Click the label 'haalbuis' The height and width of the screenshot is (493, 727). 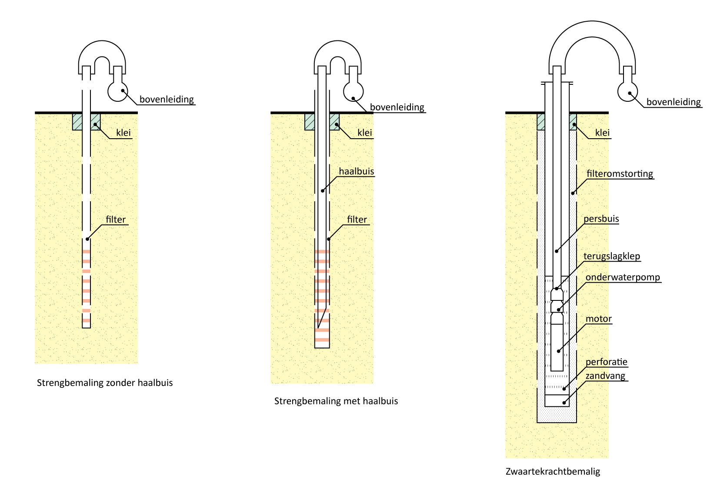356,171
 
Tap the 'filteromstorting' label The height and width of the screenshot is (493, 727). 620,174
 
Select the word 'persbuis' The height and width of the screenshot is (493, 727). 601,219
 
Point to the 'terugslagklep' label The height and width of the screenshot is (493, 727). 611,256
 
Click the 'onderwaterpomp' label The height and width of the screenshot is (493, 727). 622,277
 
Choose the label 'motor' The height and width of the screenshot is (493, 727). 598,319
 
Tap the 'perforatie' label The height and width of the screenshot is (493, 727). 606,362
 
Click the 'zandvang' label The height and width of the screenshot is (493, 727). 605,376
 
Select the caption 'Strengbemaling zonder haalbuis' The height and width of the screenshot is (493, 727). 105,383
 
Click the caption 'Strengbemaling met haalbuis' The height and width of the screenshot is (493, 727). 336,401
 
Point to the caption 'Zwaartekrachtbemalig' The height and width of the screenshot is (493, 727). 553,471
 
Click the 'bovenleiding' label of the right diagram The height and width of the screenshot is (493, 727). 673,102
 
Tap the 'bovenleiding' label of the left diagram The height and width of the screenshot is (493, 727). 167,100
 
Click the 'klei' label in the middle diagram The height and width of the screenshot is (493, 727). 364,133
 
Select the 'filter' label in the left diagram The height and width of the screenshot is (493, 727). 115,220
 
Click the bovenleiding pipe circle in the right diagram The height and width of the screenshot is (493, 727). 627,92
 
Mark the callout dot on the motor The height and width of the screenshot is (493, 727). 559,351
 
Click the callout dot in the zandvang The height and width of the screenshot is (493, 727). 564,403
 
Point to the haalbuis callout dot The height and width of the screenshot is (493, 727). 323,191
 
